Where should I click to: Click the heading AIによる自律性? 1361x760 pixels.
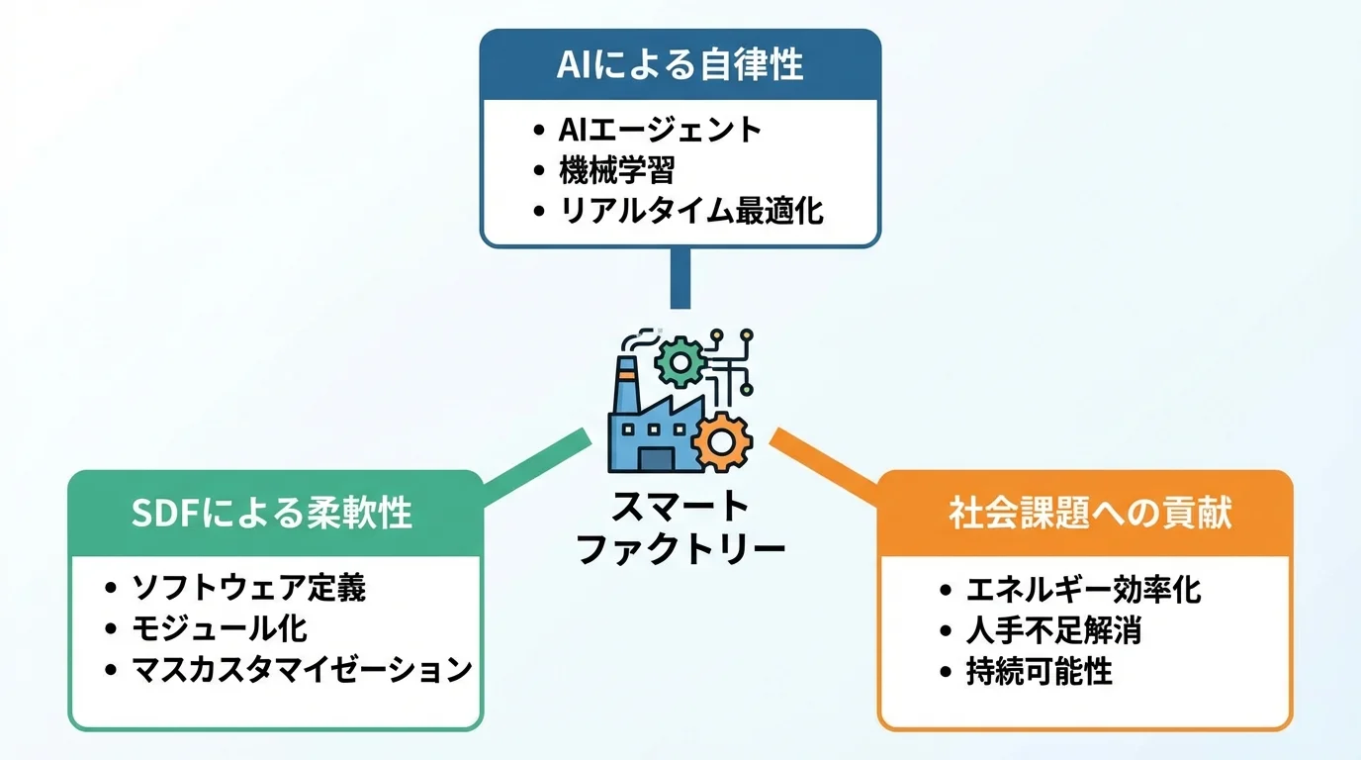(680, 64)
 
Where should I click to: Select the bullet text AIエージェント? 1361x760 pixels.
(660, 129)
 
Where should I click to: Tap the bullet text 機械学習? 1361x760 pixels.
(615, 169)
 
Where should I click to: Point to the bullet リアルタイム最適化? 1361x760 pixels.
(690, 210)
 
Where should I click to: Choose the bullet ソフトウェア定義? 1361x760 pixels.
(248, 588)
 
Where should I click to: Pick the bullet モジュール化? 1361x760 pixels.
(220, 628)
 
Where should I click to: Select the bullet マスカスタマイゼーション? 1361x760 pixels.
(302, 669)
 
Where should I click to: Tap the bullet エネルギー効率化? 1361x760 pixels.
(1083, 590)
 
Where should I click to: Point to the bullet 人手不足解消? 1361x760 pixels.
(1053, 630)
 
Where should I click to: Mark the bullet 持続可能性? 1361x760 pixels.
(1039, 672)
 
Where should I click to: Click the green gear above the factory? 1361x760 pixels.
(680, 362)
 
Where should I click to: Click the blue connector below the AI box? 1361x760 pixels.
(680, 278)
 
